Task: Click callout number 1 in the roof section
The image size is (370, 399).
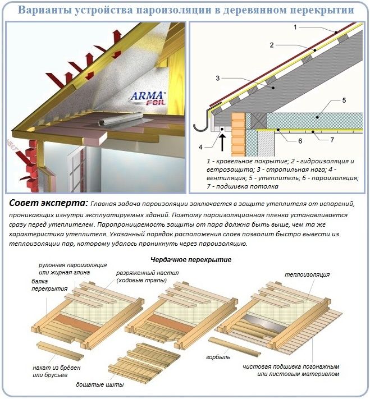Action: click(295, 27)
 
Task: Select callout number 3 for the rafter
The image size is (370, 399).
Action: click(217, 78)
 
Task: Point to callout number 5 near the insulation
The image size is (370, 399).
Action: click(344, 100)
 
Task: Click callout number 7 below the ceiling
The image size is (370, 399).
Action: click(332, 140)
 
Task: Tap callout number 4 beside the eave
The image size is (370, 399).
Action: click(200, 147)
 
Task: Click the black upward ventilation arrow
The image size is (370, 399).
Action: click(223, 143)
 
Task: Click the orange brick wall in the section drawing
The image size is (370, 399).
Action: click(238, 135)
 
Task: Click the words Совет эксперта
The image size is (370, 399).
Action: click(48, 204)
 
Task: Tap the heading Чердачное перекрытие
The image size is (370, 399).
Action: click(191, 260)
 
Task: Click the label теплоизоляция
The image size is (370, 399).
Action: click(307, 274)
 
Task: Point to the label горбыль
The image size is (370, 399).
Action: click(218, 357)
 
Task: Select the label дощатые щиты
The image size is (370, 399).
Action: click(100, 384)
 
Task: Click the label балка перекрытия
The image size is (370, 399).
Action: click(49, 285)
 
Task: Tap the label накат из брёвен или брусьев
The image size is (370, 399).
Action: click(57, 372)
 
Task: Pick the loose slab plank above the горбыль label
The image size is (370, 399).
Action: click(235, 347)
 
